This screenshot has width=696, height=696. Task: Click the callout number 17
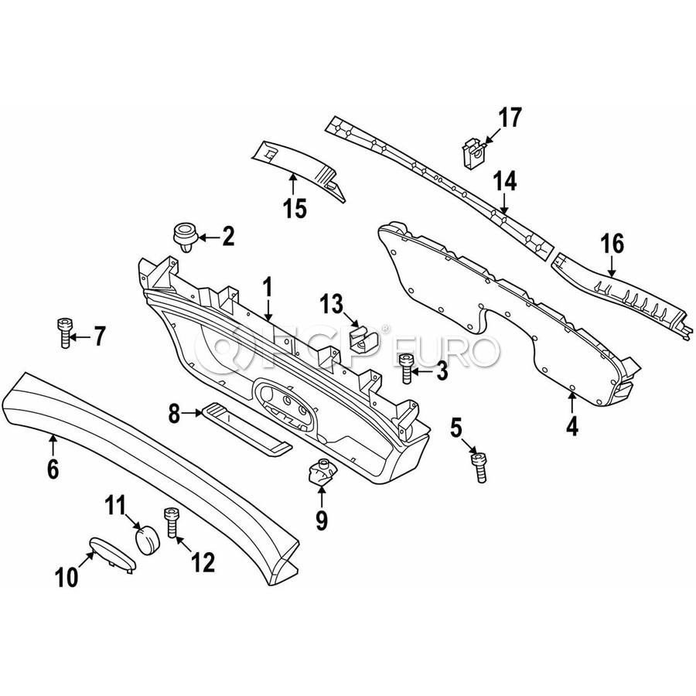(x=510, y=118)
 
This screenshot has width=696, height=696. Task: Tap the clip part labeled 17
(x=473, y=152)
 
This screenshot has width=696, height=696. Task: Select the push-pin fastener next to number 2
(x=185, y=237)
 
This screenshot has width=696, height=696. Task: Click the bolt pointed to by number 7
(x=65, y=333)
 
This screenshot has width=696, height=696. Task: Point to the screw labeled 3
(x=406, y=367)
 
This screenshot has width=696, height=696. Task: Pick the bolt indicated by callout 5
(x=479, y=466)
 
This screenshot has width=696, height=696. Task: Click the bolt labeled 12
(x=172, y=523)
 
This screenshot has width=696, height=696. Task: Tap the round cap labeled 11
(x=148, y=539)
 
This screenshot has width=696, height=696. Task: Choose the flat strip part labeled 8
(x=247, y=428)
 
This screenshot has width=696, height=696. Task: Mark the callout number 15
(x=295, y=208)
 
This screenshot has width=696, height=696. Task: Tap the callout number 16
(x=612, y=244)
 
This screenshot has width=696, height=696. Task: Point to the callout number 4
(x=572, y=425)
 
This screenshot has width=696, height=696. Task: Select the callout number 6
(x=53, y=469)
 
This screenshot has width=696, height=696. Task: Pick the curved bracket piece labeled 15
(x=298, y=169)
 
